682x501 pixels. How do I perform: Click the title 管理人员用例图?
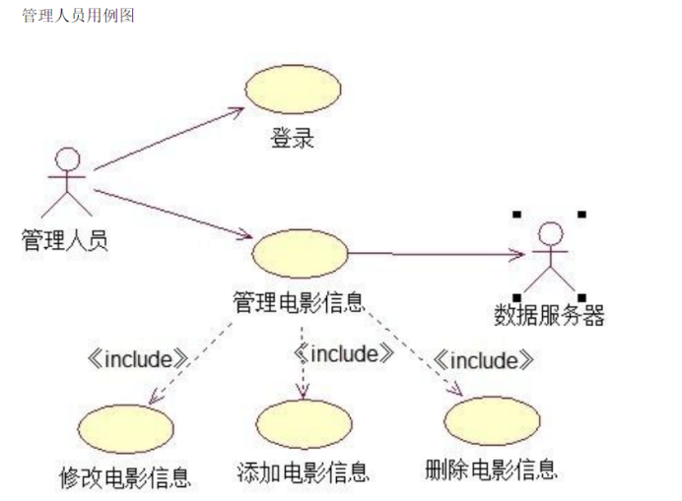click(78, 16)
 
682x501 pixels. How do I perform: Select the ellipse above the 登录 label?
click(293, 89)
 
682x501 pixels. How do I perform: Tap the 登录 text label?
click(293, 138)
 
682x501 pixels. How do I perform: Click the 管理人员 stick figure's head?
click(68, 158)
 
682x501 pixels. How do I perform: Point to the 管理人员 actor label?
click(64, 240)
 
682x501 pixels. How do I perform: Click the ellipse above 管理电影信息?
click(301, 253)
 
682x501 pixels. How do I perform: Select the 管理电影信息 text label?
click(299, 303)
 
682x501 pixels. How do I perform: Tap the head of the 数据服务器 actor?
click(551, 234)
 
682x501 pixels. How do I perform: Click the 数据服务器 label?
click(549, 315)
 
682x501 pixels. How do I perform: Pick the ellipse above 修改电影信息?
click(126, 429)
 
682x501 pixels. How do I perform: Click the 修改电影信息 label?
click(125, 477)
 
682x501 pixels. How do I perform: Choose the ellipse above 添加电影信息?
click(304, 424)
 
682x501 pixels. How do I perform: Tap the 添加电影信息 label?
click(304, 472)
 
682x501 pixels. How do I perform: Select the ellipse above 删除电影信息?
click(492, 420)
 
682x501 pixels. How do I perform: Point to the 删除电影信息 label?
click(491, 470)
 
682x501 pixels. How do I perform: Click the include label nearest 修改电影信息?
click(138, 359)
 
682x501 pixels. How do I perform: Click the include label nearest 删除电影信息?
click(484, 360)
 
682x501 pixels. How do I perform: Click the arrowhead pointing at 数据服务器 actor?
click(519, 254)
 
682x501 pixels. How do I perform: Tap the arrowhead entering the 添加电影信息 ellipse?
click(303, 392)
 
